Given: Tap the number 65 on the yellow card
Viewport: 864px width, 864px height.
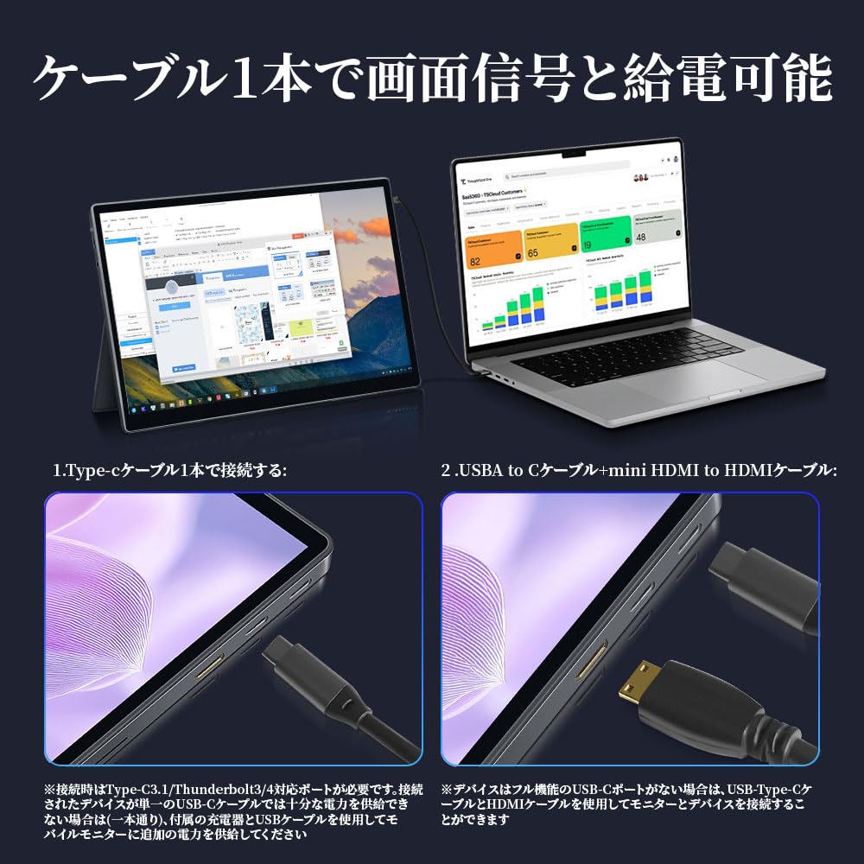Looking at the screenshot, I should [x=532, y=253].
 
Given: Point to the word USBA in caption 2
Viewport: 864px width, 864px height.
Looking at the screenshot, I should [x=478, y=471].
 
